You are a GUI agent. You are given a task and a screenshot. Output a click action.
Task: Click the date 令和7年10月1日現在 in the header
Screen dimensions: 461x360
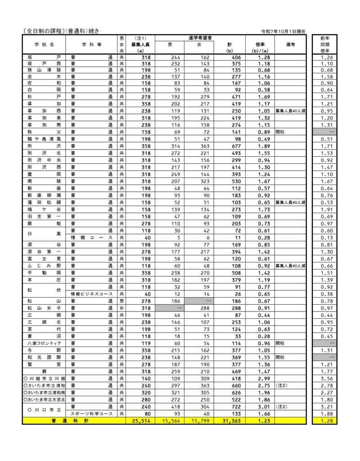coord(283,32)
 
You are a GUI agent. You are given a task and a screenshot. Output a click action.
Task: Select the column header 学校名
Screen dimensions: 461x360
coord(44,45)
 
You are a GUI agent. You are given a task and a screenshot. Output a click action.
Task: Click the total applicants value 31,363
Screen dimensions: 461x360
coord(232,420)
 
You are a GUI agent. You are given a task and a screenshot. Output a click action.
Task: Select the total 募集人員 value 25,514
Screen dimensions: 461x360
coord(141,420)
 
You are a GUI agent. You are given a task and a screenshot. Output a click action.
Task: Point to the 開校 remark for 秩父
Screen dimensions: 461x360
coord(281,132)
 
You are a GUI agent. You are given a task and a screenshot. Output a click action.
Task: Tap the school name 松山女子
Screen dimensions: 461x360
coord(44,308)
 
